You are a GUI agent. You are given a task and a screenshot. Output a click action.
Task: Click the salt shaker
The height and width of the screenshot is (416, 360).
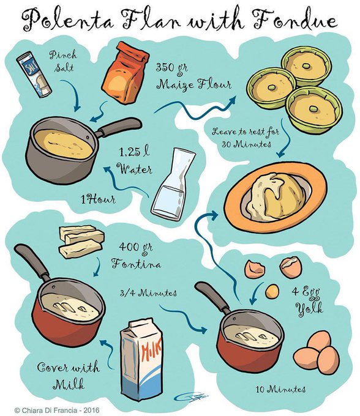(x=34, y=74)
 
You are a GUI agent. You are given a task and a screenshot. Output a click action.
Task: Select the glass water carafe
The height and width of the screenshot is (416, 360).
(x=173, y=184)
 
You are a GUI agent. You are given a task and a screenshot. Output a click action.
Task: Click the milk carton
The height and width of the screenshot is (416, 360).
(x=141, y=361)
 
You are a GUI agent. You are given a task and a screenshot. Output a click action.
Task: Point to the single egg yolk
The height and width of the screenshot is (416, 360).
(x=272, y=291)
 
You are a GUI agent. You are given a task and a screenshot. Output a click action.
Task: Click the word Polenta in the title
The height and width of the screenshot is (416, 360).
(x=68, y=21)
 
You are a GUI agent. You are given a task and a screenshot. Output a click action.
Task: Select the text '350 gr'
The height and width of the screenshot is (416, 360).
(x=172, y=68)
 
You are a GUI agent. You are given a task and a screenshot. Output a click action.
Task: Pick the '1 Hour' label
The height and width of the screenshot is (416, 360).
(x=98, y=199)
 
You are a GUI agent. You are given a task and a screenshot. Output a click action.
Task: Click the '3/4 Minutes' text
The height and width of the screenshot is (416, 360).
(x=148, y=293)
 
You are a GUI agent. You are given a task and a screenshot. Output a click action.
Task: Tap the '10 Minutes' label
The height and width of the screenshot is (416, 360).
(x=280, y=389)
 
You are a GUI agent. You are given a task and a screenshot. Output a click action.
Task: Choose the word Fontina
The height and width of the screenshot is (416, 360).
(x=136, y=264)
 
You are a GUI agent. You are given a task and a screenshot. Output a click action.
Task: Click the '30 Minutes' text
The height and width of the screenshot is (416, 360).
(x=246, y=144)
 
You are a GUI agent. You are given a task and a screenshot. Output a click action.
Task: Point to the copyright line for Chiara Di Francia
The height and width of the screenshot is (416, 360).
(x=57, y=410)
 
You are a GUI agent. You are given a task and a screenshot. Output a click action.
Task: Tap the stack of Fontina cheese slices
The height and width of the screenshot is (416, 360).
(x=81, y=242)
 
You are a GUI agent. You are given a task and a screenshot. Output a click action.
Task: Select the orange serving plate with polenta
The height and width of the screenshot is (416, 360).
(x=276, y=198)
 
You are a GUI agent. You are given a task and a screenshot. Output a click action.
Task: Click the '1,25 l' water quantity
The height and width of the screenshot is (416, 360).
(x=134, y=152)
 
